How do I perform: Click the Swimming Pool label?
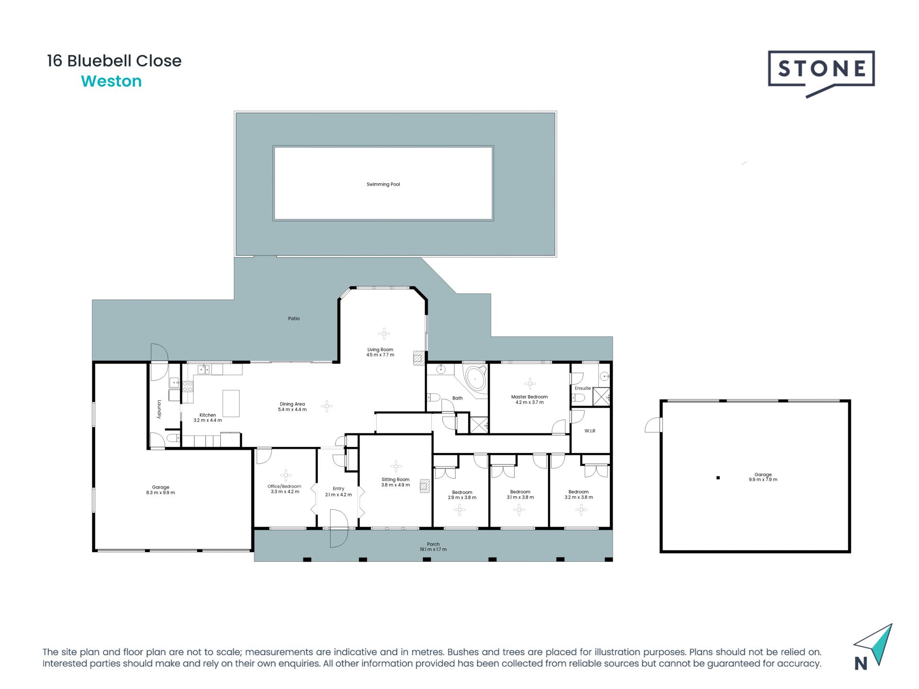pos(383,184)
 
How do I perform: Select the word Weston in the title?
pos(112,81)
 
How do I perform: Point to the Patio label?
pos(294,319)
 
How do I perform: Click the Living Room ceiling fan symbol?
pos(384,333)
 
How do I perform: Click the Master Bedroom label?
pos(529,397)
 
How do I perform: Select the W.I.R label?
pos(590,431)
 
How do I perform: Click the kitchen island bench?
pos(231,403)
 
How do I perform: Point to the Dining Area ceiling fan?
pos(327,406)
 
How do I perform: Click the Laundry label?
pos(159,409)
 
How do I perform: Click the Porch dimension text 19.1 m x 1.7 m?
pos(433,549)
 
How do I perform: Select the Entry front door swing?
pos(338,528)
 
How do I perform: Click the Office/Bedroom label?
pos(284,486)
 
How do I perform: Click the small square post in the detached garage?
pos(718,478)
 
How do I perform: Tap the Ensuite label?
pos(583,388)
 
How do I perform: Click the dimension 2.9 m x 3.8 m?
pos(462,498)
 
